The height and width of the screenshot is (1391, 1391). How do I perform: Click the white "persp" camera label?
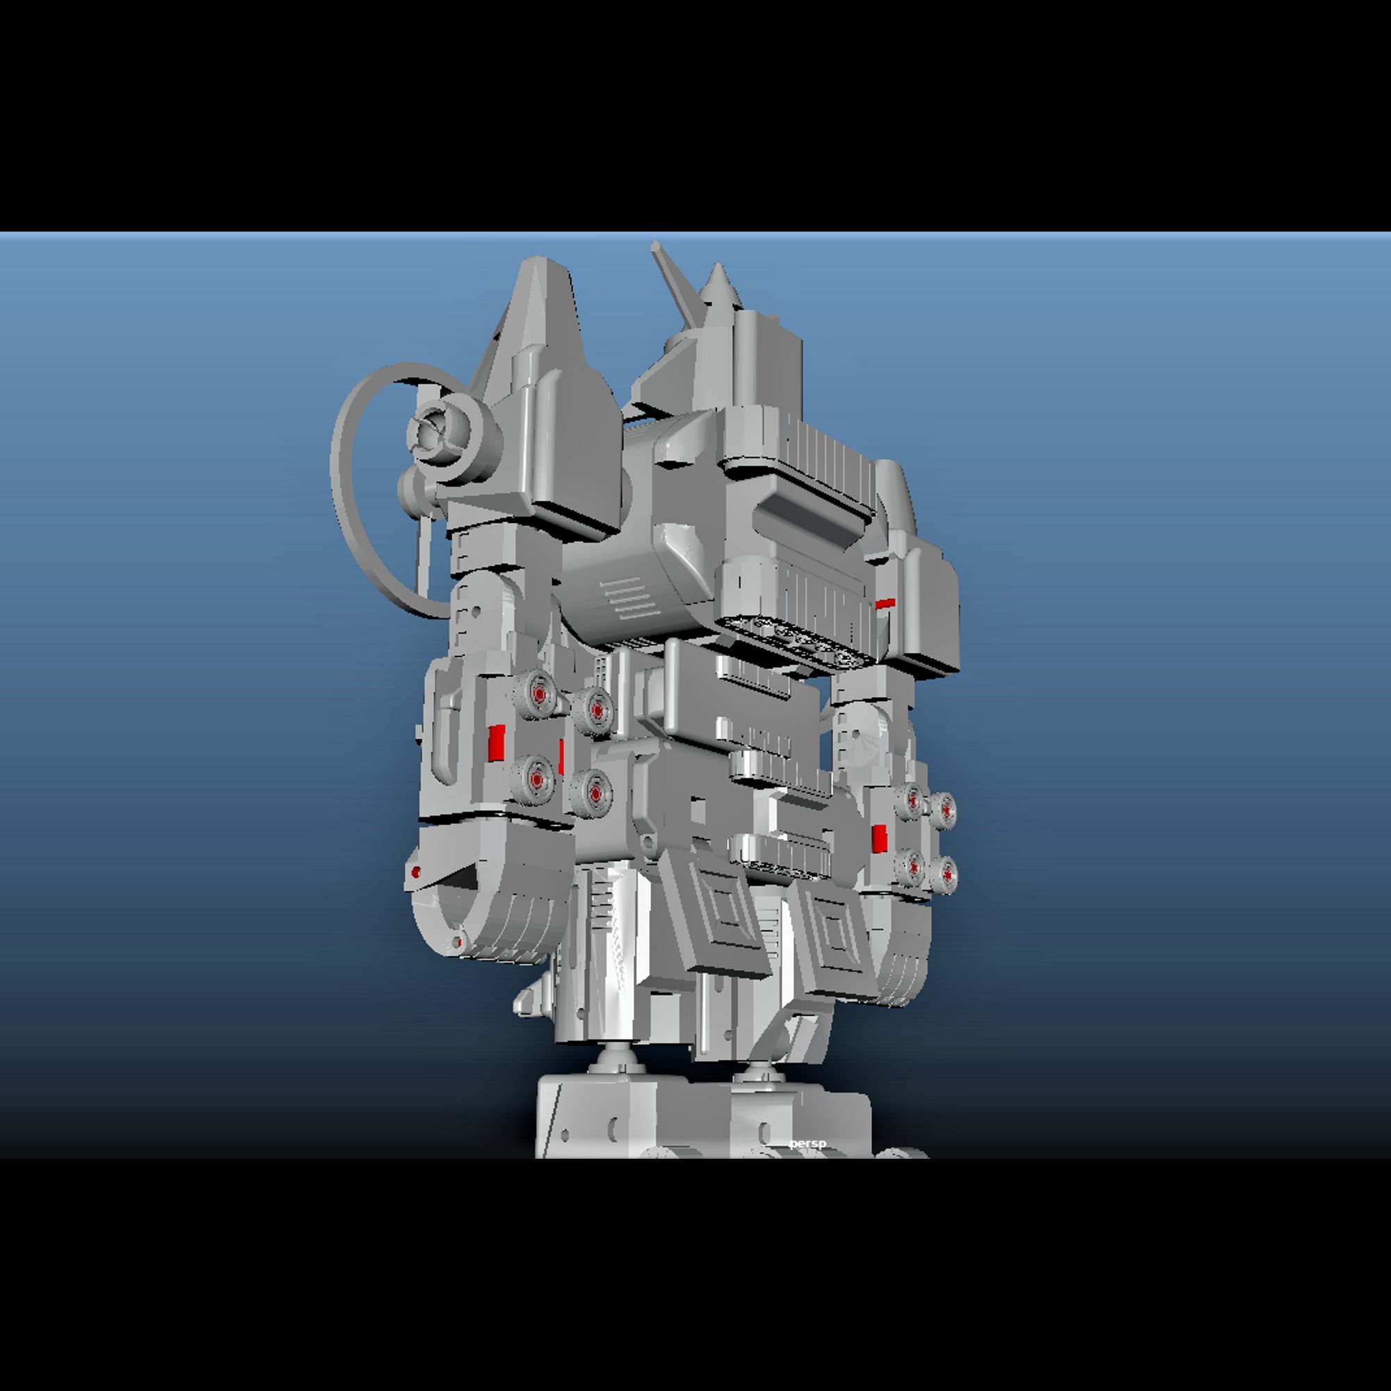(807, 1143)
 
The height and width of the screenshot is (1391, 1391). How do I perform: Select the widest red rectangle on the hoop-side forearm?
(496, 743)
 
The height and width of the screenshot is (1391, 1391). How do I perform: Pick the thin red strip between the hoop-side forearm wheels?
(561, 756)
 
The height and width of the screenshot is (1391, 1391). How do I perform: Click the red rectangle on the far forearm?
(879, 839)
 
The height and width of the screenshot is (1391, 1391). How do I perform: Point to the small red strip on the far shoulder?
(885, 603)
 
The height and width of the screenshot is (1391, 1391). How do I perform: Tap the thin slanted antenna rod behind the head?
(676, 281)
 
